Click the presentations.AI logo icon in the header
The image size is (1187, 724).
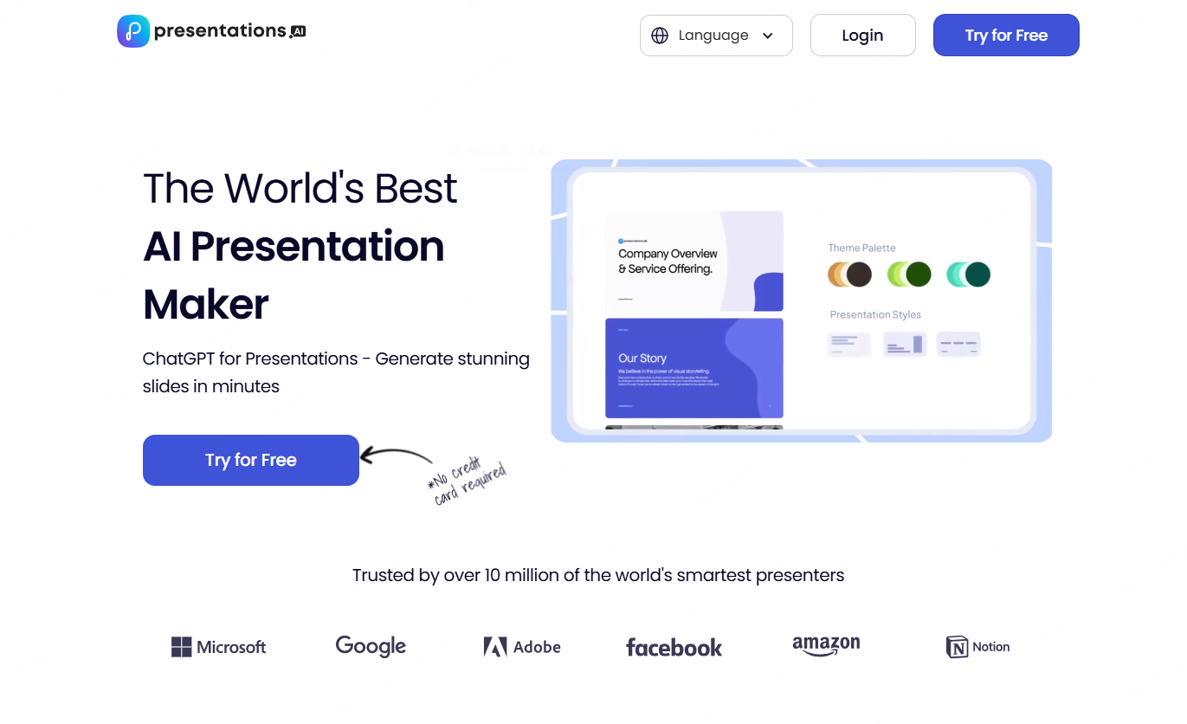133,31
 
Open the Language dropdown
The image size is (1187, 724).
715,36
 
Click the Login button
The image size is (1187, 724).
862,36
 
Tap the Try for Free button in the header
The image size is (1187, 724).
1006,36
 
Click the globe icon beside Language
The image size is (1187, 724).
660,36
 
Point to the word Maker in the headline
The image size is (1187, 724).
206,304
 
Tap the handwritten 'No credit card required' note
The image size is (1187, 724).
468,480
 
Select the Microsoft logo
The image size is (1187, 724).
219,647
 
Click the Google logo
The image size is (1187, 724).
371,646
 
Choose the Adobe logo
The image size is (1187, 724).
522,647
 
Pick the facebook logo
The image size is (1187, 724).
674,648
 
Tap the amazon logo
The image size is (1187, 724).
826,646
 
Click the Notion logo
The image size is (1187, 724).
978,647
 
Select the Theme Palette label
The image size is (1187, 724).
861,248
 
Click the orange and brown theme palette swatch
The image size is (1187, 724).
848,275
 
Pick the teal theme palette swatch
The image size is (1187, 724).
968,275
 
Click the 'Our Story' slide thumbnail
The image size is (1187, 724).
693,368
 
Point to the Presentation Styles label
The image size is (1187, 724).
875,314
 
